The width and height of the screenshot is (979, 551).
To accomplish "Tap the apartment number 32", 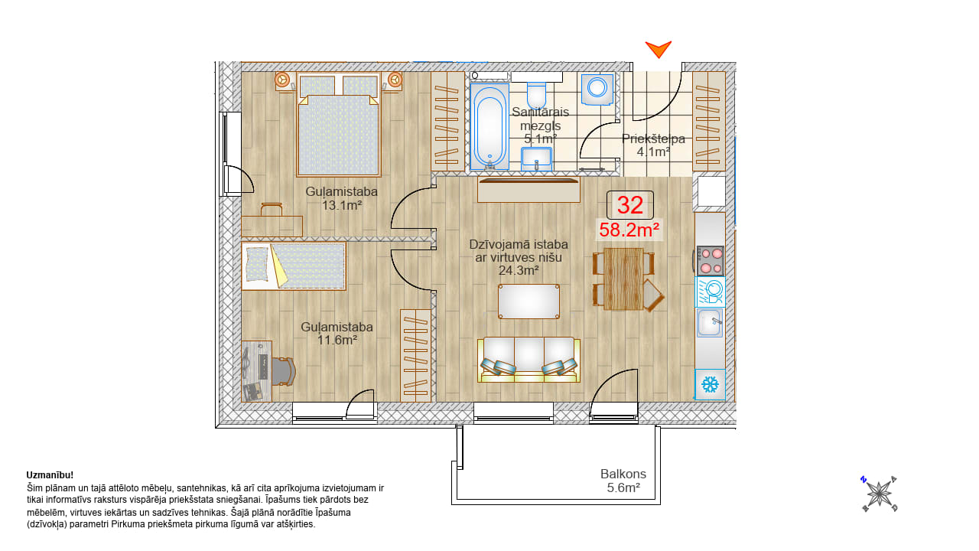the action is tap(629, 205).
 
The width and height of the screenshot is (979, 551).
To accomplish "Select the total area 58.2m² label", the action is tap(629, 230).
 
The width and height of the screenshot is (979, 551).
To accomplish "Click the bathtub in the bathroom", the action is tap(490, 126).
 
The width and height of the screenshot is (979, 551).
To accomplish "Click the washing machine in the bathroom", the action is tap(597, 90).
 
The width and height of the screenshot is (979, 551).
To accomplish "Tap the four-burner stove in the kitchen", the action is tap(711, 261).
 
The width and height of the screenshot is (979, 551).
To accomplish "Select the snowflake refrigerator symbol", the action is tap(711, 385).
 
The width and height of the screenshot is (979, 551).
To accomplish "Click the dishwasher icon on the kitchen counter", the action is tap(711, 292).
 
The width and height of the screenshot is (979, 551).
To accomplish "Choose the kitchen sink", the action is tap(710, 323).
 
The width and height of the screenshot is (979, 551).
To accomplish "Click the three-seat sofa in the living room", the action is tap(529, 360).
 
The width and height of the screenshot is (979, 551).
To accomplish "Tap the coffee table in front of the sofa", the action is tap(529, 302).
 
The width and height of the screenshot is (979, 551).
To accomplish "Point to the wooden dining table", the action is tap(623, 279).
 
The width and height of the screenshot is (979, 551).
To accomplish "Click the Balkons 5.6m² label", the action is tap(623, 481).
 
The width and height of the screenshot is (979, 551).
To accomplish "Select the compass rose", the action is tap(880, 494).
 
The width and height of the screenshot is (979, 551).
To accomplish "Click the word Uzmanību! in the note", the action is tap(50, 475).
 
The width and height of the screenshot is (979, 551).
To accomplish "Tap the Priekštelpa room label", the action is tap(653, 139).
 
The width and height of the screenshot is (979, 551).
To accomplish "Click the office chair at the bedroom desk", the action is tap(283, 372).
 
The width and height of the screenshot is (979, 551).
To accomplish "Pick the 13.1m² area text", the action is tap(342, 205).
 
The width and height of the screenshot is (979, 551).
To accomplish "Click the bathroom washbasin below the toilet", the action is tap(536, 158).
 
